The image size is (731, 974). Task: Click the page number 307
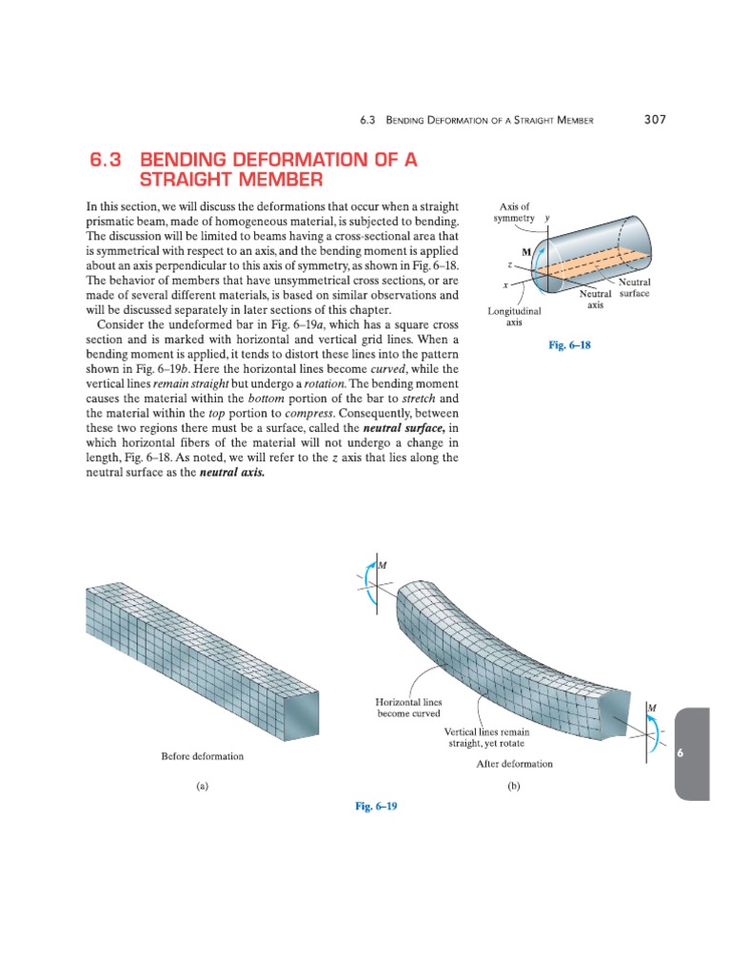click(x=654, y=120)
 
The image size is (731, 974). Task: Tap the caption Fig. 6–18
click(x=570, y=345)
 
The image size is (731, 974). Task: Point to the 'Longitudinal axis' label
click(x=514, y=317)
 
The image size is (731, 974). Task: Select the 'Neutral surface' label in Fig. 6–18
click(x=634, y=288)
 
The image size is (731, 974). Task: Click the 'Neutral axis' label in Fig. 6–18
click(x=596, y=300)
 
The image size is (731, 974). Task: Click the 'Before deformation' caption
click(x=202, y=756)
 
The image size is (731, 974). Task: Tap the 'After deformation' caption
click(x=514, y=763)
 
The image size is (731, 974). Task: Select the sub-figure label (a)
click(x=202, y=787)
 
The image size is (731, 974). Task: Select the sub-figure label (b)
click(x=514, y=787)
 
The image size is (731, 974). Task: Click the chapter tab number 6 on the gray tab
click(x=680, y=752)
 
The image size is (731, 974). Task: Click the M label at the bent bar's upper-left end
click(x=383, y=566)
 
